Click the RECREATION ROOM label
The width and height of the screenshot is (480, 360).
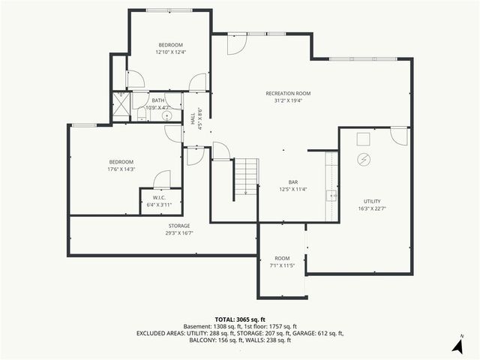tap(288, 94)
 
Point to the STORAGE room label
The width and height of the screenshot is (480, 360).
tap(178, 226)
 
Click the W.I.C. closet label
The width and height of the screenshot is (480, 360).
tap(158, 197)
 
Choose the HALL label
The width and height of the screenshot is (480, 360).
tap(192, 118)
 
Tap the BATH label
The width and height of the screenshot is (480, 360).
tap(157, 100)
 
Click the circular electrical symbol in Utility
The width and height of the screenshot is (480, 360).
tap(364, 159)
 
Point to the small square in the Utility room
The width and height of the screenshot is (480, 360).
tap(363, 138)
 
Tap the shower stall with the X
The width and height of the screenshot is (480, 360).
tap(121, 106)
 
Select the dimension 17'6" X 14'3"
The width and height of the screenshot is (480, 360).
tap(121, 169)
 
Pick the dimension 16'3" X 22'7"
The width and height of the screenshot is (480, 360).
tap(372, 209)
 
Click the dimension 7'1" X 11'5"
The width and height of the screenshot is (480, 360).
tap(282, 265)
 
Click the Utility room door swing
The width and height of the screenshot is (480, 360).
tap(399, 136)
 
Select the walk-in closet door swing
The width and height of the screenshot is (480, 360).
tap(162, 178)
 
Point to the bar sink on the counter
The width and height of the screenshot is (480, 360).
tap(330, 196)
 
